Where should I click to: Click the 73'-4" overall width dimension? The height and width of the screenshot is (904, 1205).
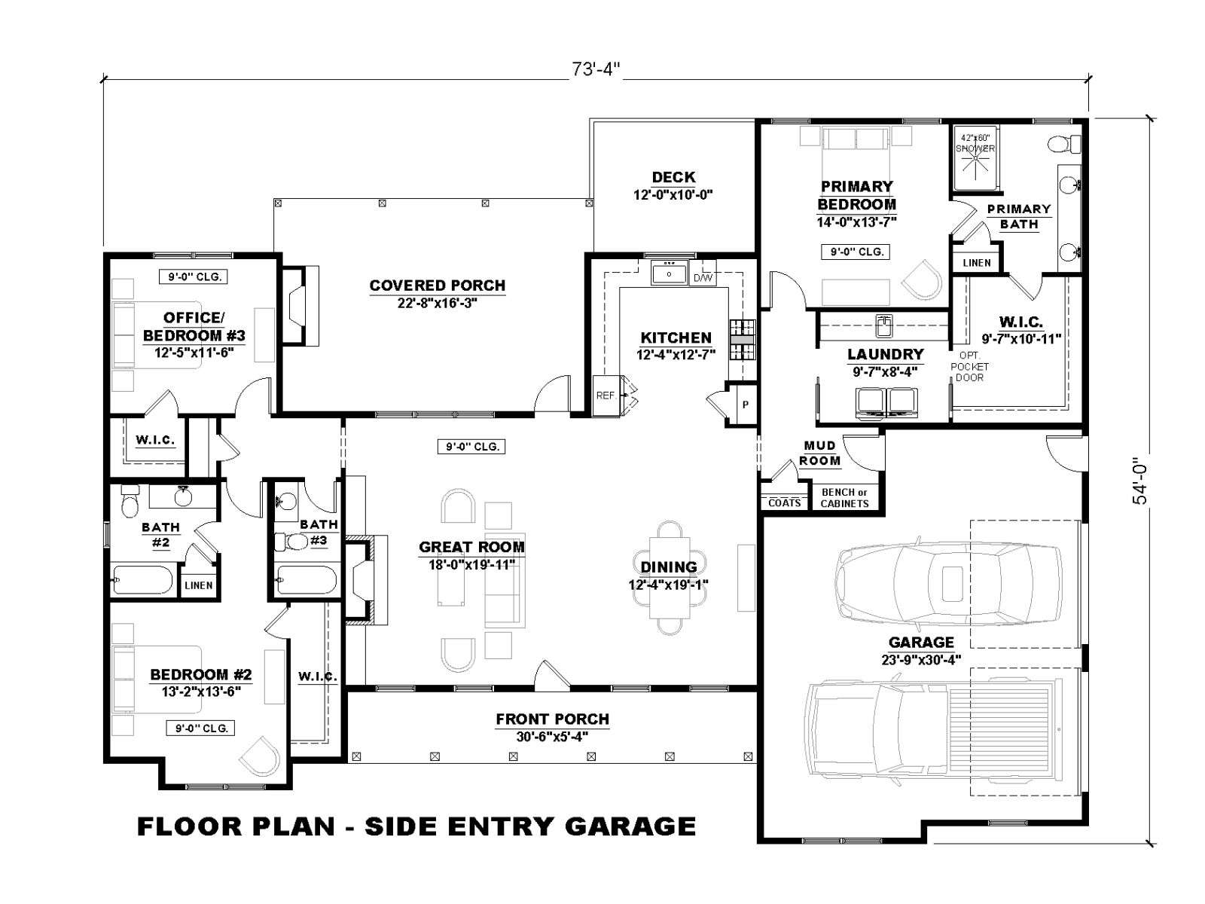596,70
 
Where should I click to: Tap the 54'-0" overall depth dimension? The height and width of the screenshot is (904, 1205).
1139,481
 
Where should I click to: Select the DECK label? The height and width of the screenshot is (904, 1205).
673,177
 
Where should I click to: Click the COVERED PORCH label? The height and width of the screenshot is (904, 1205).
437,286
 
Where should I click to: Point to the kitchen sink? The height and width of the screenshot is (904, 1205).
669,272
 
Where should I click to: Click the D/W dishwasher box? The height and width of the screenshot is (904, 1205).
703,278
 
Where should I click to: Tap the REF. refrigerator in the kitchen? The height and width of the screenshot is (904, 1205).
606,395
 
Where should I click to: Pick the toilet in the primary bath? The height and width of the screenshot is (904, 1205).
1063,145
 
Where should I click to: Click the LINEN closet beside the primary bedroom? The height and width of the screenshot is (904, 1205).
977,263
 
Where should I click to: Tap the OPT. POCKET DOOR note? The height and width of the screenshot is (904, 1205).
969,366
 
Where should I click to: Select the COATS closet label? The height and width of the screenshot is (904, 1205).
785,502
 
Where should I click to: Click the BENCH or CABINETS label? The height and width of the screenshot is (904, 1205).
844,498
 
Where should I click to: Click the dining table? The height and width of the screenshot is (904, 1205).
670,577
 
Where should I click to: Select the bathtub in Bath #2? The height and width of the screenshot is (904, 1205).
143,579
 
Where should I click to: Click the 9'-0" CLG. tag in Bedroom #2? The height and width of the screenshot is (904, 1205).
201,728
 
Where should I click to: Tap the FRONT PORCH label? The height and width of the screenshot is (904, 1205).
552,719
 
